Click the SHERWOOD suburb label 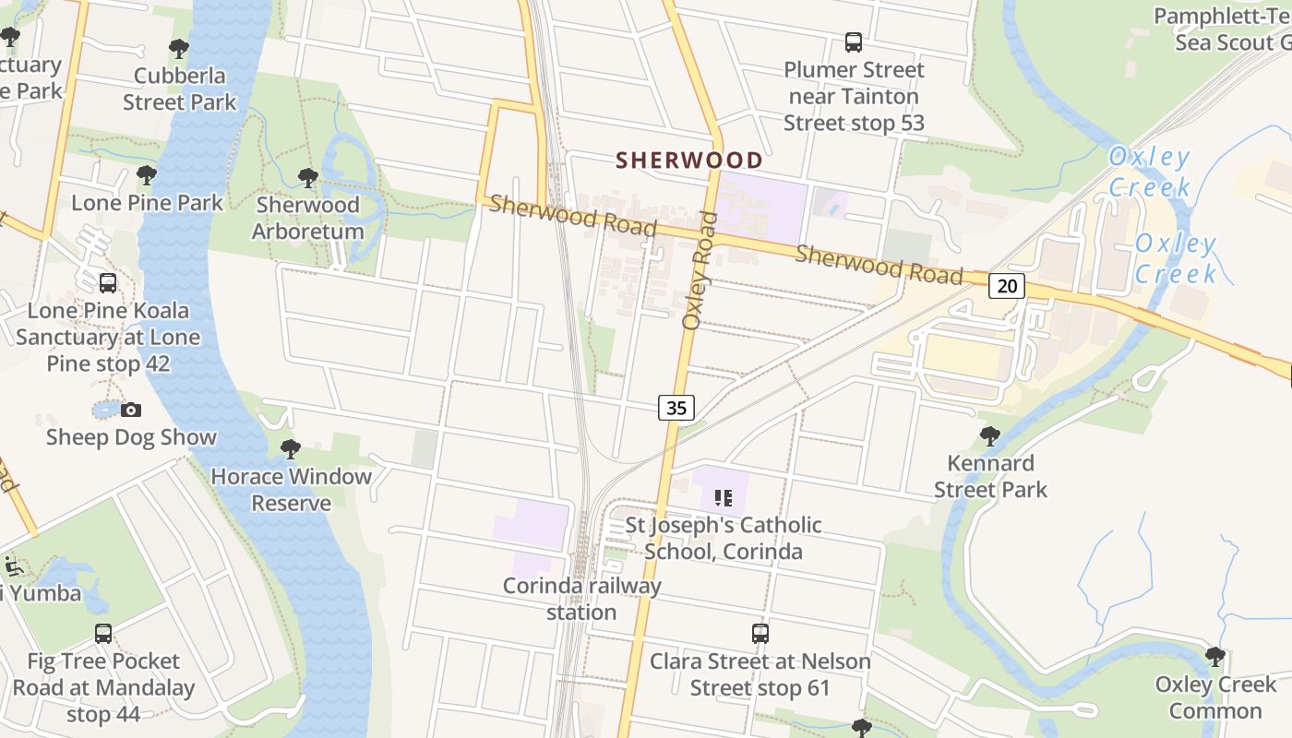tap(689, 161)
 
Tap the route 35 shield tap(676, 407)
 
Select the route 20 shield tap(1006, 286)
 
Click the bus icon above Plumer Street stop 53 tap(854, 42)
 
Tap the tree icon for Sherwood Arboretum tap(308, 177)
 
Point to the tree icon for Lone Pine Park tap(147, 174)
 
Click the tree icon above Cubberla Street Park tap(179, 49)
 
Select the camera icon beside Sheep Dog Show tap(131, 410)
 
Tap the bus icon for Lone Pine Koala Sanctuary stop tap(108, 283)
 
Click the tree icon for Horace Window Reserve tap(291, 449)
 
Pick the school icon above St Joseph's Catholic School tap(723, 498)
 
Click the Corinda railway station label tap(581, 599)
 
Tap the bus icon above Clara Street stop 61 tap(760, 634)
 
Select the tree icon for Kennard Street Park tap(990, 435)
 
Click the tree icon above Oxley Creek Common tap(1215, 657)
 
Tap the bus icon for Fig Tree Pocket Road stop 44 tap(103, 634)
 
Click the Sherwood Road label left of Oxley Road tap(572, 216)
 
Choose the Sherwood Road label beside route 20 tap(879, 265)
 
